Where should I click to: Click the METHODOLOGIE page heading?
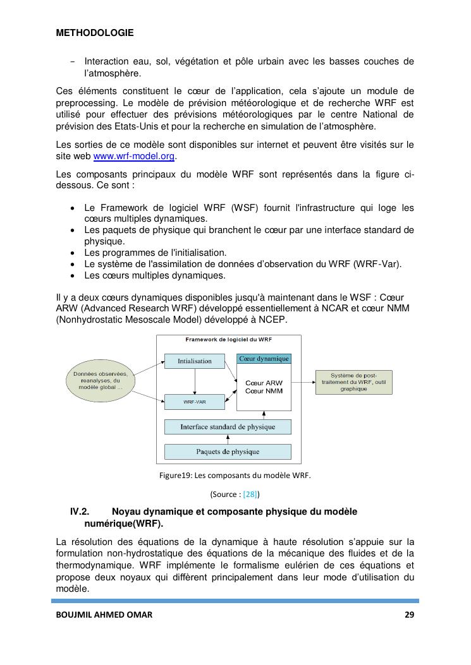[x=95, y=33]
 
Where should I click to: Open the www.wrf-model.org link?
[x=135, y=157]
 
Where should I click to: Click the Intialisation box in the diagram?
[x=194, y=362]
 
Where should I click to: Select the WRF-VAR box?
[x=194, y=402]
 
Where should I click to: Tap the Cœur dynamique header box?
[x=264, y=359]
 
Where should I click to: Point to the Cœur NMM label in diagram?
[x=264, y=392]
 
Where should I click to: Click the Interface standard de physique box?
[x=228, y=427]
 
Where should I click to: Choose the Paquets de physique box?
[x=228, y=452]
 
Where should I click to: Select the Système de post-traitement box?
[x=353, y=382]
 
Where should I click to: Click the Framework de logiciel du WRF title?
[x=228, y=339]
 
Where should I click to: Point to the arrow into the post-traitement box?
[x=303, y=382]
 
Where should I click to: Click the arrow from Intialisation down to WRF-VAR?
[x=195, y=381]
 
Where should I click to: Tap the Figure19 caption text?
[x=235, y=476]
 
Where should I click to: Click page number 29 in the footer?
[x=408, y=614]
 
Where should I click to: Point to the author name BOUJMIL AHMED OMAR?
[x=104, y=614]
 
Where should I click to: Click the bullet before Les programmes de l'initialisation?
[x=75, y=253]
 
